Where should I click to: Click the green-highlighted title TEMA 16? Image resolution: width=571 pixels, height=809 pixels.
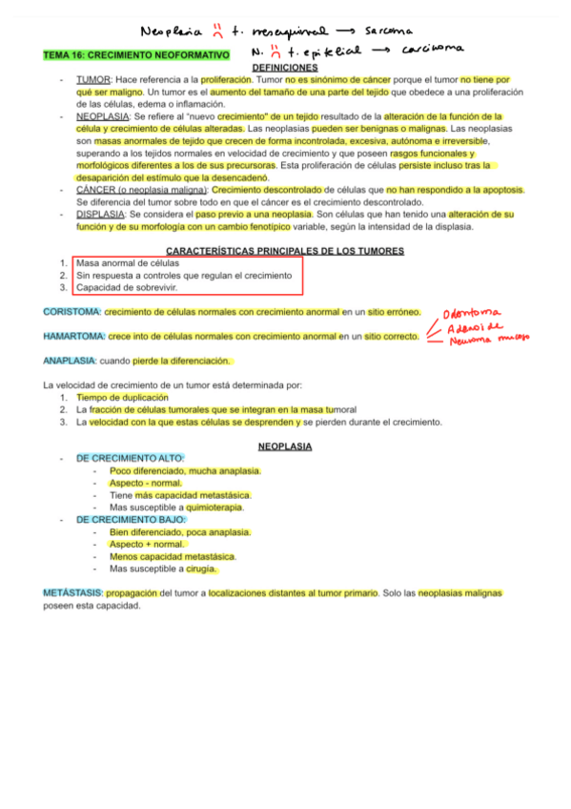[136, 56]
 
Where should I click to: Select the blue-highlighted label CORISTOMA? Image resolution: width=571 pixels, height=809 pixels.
[72, 312]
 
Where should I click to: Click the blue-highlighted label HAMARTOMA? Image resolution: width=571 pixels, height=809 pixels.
[74, 336]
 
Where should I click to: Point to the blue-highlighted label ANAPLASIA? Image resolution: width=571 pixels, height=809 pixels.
[70, 361]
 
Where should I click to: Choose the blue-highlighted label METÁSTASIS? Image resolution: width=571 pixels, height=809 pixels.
[72, 593]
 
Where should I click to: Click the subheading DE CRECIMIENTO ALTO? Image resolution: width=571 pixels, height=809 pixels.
[130, 459]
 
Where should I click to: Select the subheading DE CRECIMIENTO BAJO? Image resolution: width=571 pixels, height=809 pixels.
[131, 520]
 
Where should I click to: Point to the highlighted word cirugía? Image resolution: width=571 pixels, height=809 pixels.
[201, 569]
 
